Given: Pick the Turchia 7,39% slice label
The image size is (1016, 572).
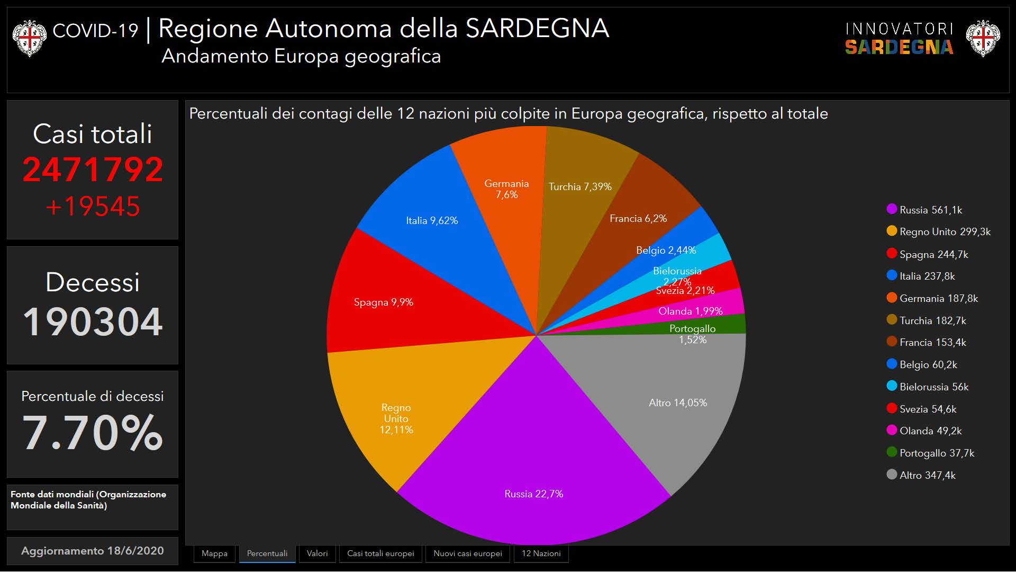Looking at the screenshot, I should (x=580, y=186).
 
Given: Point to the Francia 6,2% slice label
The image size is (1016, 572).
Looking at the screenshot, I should (x=638, y=218).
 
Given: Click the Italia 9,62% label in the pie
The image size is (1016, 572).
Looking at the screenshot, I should (x=432, y=220).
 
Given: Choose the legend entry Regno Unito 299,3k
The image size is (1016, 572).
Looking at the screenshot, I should (x=945, y=231).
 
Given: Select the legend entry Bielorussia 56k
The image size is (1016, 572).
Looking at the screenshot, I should (x=933, y=387).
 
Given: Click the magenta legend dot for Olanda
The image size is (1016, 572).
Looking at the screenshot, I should (x=892, y=430).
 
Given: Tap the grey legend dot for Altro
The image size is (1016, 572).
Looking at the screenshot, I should (x=892, y=475).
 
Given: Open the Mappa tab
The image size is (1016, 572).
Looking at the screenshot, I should (x=214, y=553).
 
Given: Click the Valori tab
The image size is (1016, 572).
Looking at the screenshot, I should (x=317, y=553).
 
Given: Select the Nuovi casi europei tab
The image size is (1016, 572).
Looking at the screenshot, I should (x=467, y=553).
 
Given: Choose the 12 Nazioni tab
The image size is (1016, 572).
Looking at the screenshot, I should (x=541, y=553).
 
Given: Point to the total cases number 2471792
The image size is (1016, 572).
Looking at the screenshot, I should (x=93, y=169).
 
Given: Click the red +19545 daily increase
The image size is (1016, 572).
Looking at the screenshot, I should (x=93, y=207).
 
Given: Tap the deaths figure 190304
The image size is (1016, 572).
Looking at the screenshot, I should (x=93, y=321).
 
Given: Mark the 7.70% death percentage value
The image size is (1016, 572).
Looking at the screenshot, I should (x=93, y=433).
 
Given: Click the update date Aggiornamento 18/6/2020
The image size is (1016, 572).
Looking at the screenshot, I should (x=93, y=550).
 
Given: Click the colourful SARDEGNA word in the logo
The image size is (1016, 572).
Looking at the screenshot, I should (x=899, y=47).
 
